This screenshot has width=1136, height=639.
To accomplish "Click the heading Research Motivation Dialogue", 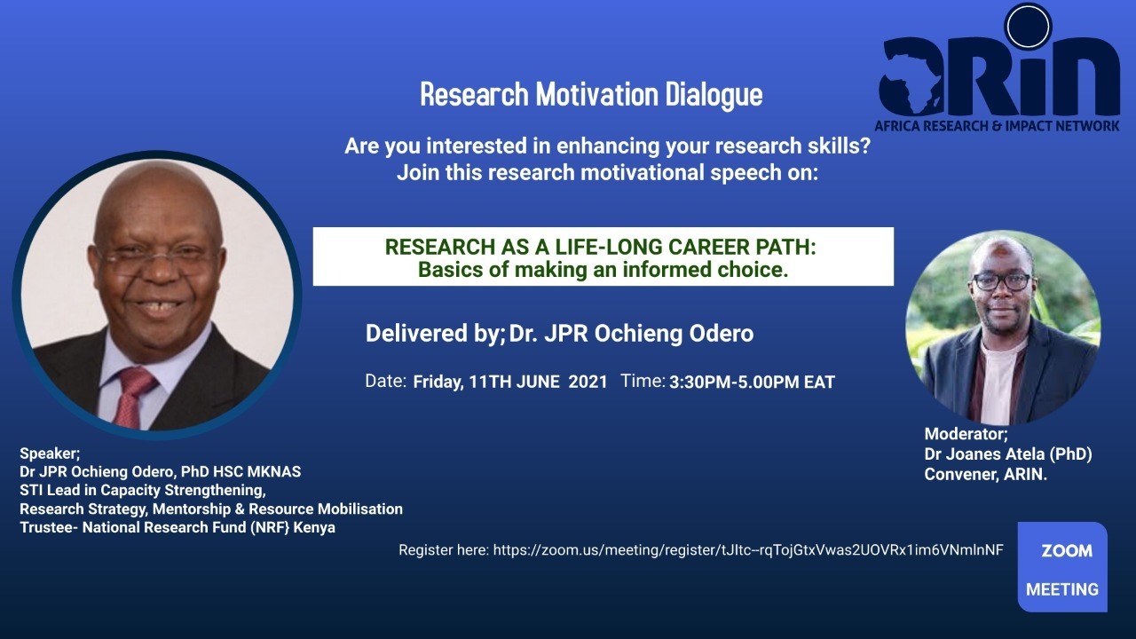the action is tap(591, 94).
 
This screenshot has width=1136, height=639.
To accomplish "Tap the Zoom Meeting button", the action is tap(1062, 567).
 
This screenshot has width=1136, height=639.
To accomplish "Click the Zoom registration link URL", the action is tap(748, 550).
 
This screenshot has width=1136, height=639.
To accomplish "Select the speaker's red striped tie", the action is tap(131, 397).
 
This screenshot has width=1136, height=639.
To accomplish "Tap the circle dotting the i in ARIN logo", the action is tap(1028, 27).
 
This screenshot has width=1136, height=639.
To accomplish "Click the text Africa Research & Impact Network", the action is tap(997, 126).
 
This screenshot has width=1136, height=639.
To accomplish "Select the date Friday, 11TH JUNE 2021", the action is tap(510, 382).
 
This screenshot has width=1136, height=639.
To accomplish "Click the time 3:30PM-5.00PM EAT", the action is tap(752, 382).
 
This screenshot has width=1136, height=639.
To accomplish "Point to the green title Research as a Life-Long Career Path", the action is tap(601, 247).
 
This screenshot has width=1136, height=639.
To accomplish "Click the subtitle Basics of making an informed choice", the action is tap(603, 270).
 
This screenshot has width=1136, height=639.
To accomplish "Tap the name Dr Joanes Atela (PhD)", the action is tap(1008, 454).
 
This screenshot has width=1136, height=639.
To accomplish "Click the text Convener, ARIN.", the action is tap(986, 474).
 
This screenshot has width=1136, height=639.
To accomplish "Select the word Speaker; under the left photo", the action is tap(50, 453).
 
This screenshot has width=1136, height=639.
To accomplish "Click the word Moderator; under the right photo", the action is tap(966, 434).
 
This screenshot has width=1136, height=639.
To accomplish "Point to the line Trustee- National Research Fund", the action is tap(177, 527).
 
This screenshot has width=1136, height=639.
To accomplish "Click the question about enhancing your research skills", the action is tap(608, 146).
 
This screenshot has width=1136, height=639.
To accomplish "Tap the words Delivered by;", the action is tap(436, 334).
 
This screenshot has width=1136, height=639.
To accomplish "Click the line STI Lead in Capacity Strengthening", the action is tap(143, 491).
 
